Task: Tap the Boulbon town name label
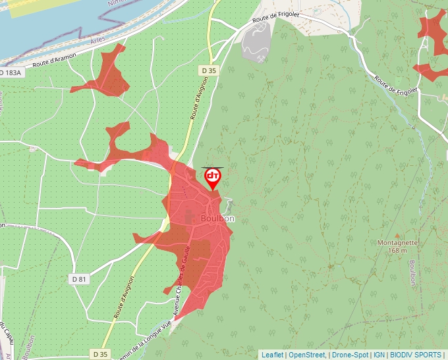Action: pos(217,219)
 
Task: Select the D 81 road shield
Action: pos(78,279)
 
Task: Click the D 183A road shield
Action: pos(12,72)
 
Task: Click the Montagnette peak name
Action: pos(397,242)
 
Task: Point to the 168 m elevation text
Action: pos(397,250)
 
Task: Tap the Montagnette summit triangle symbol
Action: pos(397,234)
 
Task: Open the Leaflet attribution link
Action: pos(272,355)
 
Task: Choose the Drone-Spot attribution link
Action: pos(350,355)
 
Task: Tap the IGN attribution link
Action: pos(379,355)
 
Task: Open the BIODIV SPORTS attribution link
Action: pos(416,355)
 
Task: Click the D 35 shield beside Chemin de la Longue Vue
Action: pos(100,354)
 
